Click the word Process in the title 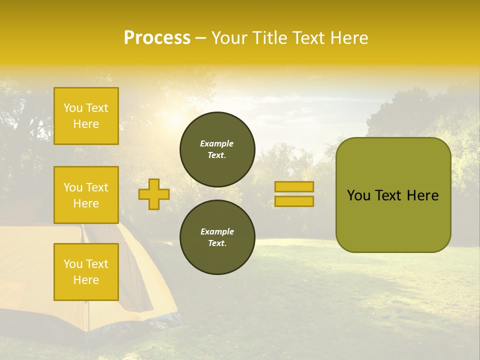click(157, 37)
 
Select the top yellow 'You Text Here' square click(86, 116)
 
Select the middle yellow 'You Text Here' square click(86, 195)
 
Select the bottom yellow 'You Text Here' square click(86, 271)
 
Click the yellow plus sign click(154, 194)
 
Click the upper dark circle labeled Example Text click(217, 149)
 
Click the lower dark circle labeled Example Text click(217, 237)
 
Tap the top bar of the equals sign click(294, 186)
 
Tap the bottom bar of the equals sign click(294, 201)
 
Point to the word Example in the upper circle click(216, 143)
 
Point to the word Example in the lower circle click(217, 231)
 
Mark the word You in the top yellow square click(73, 108)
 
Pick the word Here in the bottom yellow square click(86, 280)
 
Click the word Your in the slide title click(228, 38)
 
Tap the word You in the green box click(358, 195)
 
